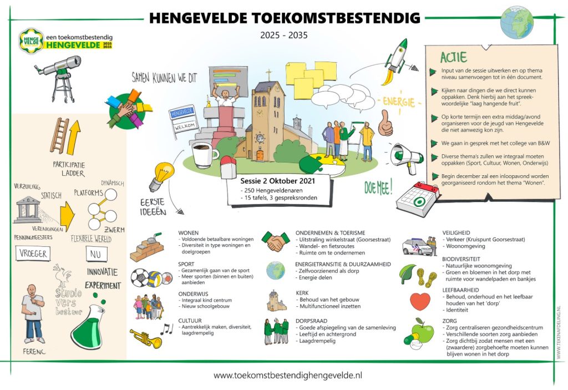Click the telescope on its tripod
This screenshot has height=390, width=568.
pyautogui.click(x=55, y=72)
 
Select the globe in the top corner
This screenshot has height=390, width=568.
pyautogui.click(x=516, y=22)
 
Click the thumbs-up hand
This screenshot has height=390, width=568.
pyautogui.click(x=385, y=123)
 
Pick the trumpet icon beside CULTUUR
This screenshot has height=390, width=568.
pyautogui.click(x=146, y=337)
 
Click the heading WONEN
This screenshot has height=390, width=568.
pyautogui.click(x=189, y=233)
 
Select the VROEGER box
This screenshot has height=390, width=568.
pyautogui.click(x=33, y=254)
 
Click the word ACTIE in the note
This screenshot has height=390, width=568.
pyautogui.click(x=453, y=57)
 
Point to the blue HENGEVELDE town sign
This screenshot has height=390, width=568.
pyautogui.click(x=184, y=113)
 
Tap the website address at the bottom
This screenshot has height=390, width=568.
pyautogui.click(x=287, y=376)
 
